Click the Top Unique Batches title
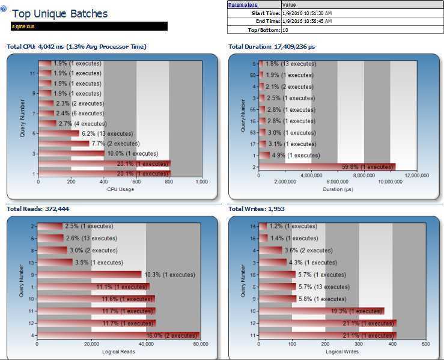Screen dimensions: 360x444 click(x=60, y=14)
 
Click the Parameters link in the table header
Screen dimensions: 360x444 click(x=243, y=5)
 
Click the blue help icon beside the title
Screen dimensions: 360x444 click(x=4, y=9)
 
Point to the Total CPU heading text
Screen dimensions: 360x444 click(x=76, y=46)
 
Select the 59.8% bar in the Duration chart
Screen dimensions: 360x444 click(x=327, y=167)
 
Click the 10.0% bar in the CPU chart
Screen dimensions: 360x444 click(x=71, y=153)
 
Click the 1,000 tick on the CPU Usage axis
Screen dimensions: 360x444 click(x=201, y=181)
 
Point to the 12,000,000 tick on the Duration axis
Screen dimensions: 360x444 click(x=416, y=175)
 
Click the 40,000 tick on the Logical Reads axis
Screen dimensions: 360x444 click(x=146, y=344)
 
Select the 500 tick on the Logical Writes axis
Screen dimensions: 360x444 click(x=426, y=344)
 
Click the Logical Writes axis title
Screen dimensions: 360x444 click(x=342, y=351)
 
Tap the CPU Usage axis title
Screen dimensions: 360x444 click(x=120, y=189)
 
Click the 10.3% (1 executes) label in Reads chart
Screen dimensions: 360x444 click(x=170, y=275)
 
